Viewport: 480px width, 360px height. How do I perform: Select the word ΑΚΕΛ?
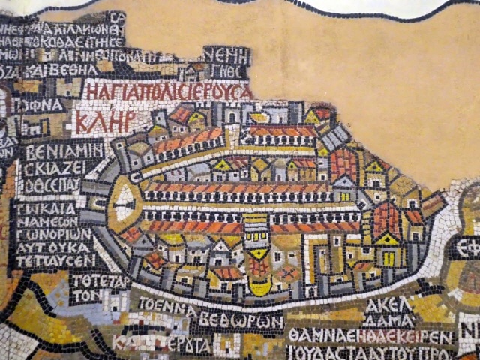(388, 304)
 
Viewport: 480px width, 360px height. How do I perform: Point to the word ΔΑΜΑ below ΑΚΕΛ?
(388, 319)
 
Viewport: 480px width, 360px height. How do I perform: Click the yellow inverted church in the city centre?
(257, 254)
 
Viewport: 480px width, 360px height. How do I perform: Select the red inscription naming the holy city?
(167, 91)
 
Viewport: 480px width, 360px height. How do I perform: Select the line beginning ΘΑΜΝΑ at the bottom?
(370, 336)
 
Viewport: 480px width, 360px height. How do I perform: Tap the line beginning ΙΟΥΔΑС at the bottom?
(370, 352)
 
